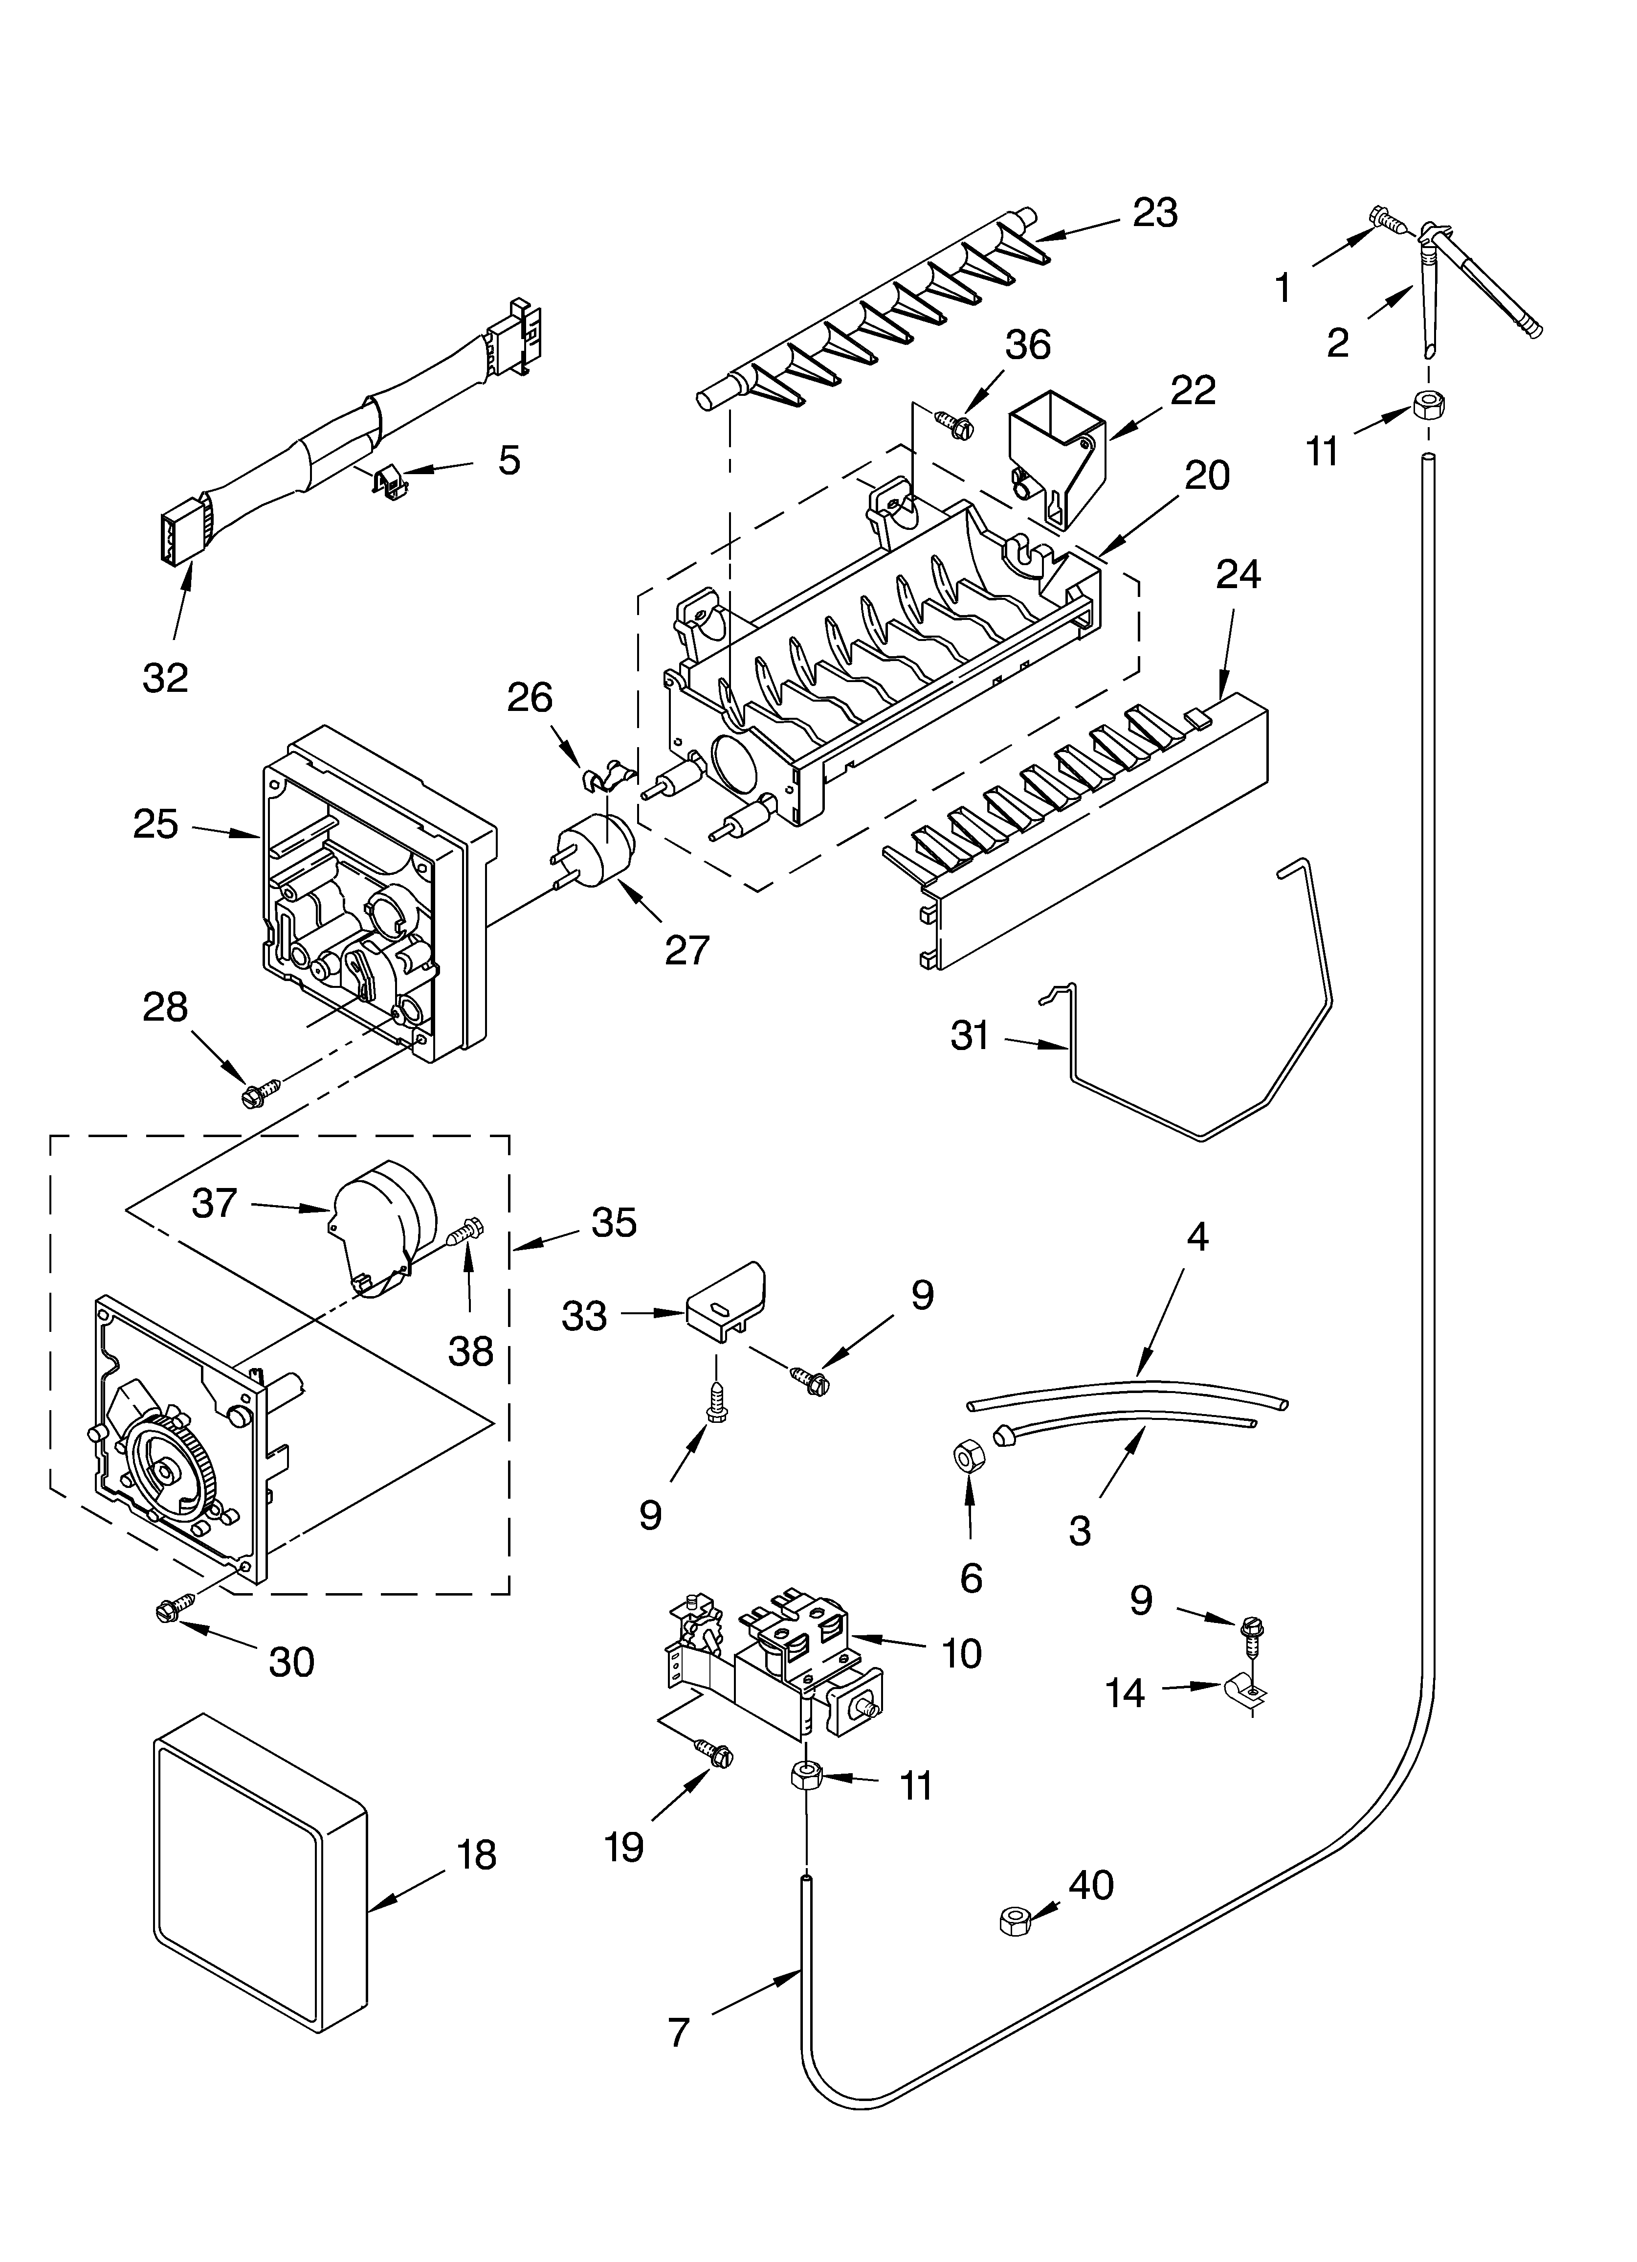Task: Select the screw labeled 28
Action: (x=255, y=1094)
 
